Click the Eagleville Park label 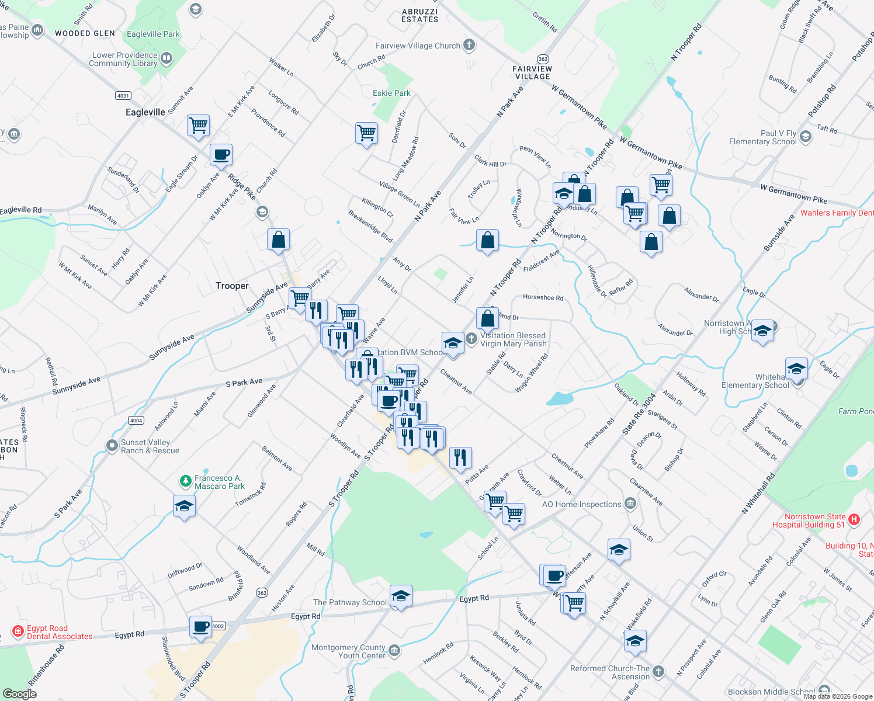point(153,34)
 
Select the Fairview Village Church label point(418,46)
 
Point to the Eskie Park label point(391,93)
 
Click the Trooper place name point(232,286)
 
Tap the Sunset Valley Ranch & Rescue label point(150,446)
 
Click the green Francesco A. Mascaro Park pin point(185,481)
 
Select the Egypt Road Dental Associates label point(60,632)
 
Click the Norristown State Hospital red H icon point(854,519)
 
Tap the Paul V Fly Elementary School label point(762,137)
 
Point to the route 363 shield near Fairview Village point(543,59)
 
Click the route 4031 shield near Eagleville point(123,95)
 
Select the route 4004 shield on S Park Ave point(136,420)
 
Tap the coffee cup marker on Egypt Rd point(200,627)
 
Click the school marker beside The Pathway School point(401,596)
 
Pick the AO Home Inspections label point(581,504)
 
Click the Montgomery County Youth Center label point(348,651)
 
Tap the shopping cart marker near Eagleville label point(198,125)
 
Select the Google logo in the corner point(19,693)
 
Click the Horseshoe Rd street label point(543,297)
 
